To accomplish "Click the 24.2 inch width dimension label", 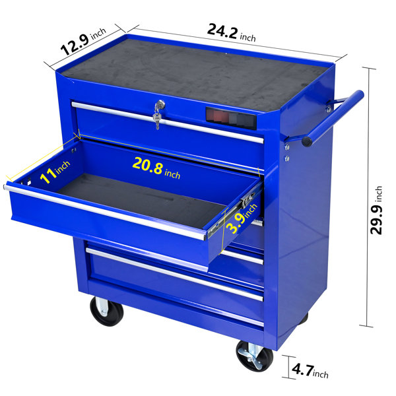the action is pyautogui.click(x=231, y=33).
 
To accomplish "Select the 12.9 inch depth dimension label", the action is pyautogui.click(x=83, y=41).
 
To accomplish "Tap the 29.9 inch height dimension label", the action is pyautogui.click(x=376, y=210).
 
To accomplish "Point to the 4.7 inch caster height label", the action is pyautogui.click(x=310, y=371).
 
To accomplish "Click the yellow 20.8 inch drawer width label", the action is pyautogui.click(x=156, y=168).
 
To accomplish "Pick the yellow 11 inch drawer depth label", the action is pyautogui.click(x=55, y=172).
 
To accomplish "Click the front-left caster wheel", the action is pyautogui.click(x=106, y=311).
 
